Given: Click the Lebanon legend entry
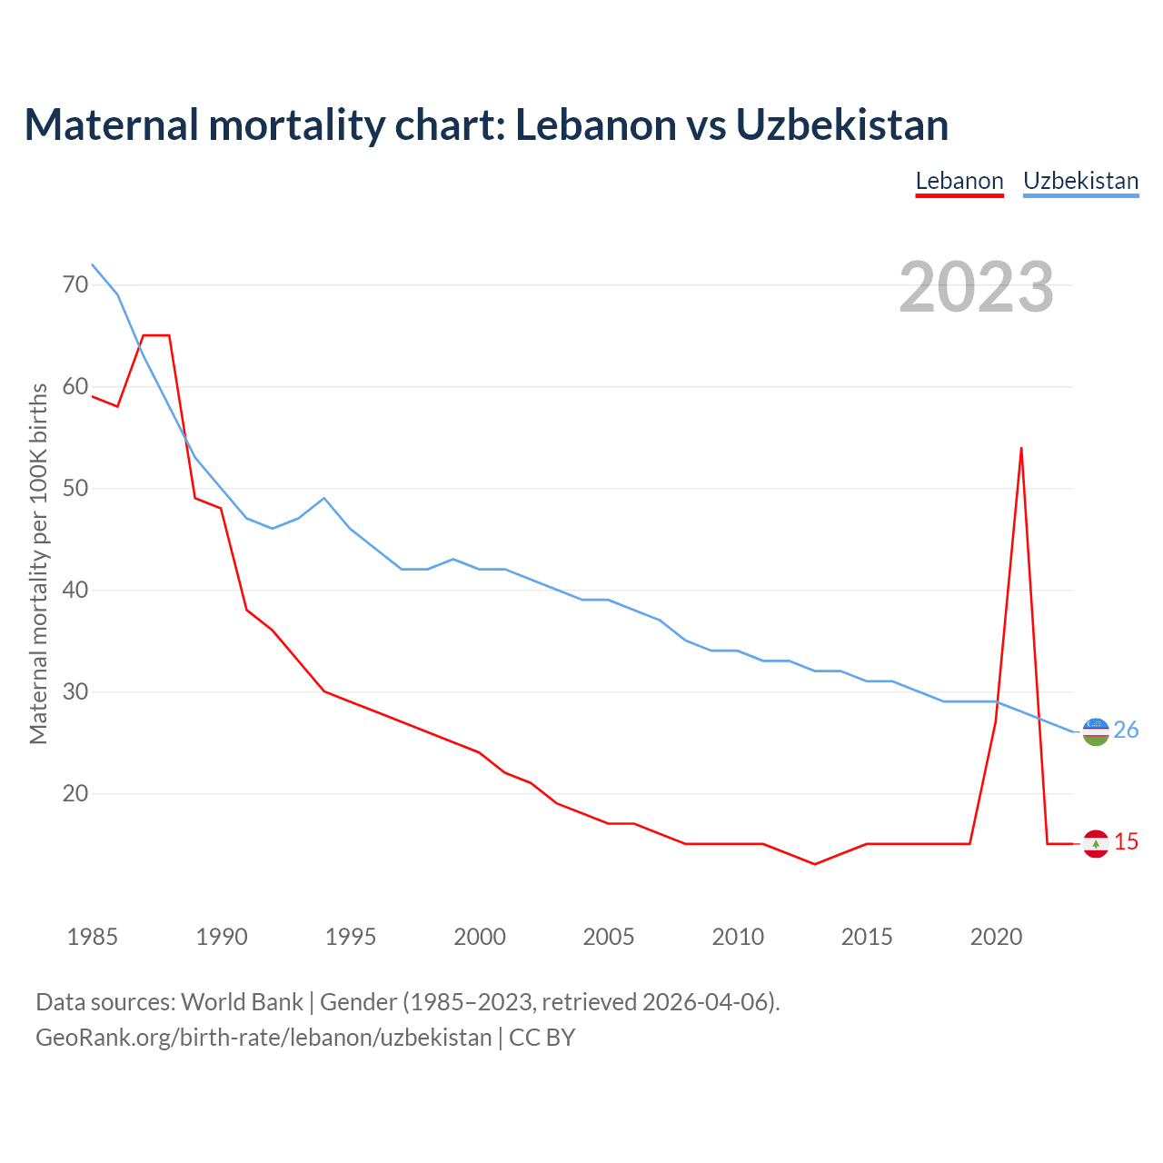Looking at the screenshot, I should pos(959,181).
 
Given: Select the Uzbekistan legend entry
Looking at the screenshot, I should pos(1080,181).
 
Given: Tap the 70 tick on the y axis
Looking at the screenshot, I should pos(75,285).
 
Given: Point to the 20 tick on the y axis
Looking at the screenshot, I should pos(75,794).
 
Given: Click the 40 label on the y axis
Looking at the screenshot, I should pos(75,591).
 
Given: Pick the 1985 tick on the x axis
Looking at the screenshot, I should pos(93,937).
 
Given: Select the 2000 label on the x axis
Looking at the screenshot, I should pos(480,937).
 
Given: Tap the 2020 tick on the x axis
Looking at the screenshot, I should pos(997,937).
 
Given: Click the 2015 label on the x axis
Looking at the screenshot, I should pos(867,937).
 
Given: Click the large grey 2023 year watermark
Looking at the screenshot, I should pos(977,287).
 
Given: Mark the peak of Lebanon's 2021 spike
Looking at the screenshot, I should pos(1021,448).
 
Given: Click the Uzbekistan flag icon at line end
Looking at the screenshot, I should pos(1096,731).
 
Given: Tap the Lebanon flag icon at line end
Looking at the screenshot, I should pos(1096,844).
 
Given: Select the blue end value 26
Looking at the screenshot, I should pos(1126,731).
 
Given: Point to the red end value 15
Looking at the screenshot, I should pos(1126,842).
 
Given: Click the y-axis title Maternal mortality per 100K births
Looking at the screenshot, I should pos(38,563).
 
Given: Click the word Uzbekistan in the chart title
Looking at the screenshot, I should pos(842,124).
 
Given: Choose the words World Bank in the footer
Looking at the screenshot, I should pos(242,1002).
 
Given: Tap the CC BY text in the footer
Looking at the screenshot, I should pos(542,1038).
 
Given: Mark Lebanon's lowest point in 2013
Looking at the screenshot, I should pos(815,864).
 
